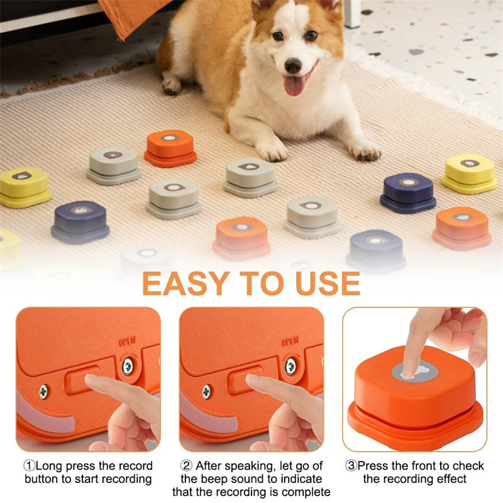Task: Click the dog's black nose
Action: tap(293, 65)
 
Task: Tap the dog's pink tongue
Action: tap(294, 85)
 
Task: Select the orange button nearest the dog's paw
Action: tap(170, 147)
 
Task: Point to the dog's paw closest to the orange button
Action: tap(272, 150)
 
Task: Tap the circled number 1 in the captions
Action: tap(29, 466)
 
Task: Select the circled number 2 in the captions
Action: tap(186, 466)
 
